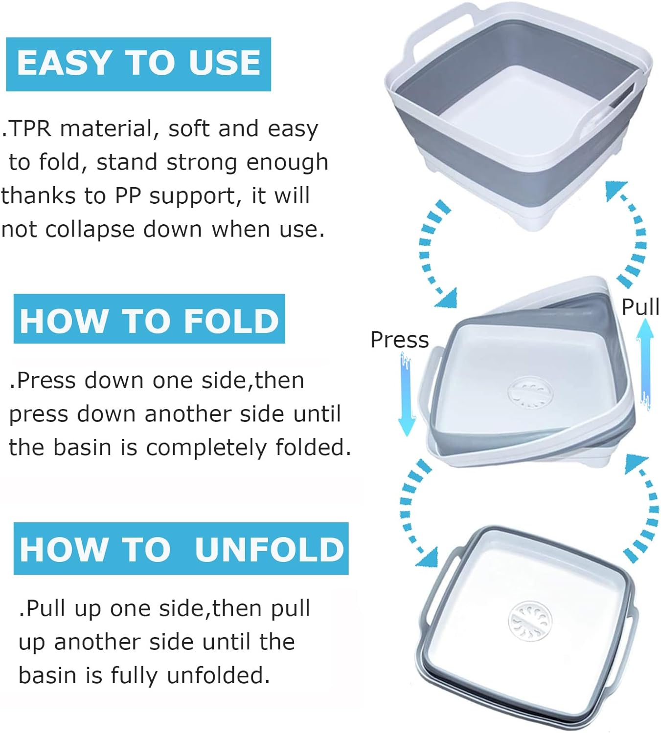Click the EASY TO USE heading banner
[138, 64]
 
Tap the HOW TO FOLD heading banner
[149, 319]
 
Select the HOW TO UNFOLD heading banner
[181, 548]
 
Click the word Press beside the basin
[399, 340]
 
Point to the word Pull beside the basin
[640, 307]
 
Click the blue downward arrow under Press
[406, 396]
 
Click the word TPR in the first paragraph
[29, 129]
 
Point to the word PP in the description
[128, 196]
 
